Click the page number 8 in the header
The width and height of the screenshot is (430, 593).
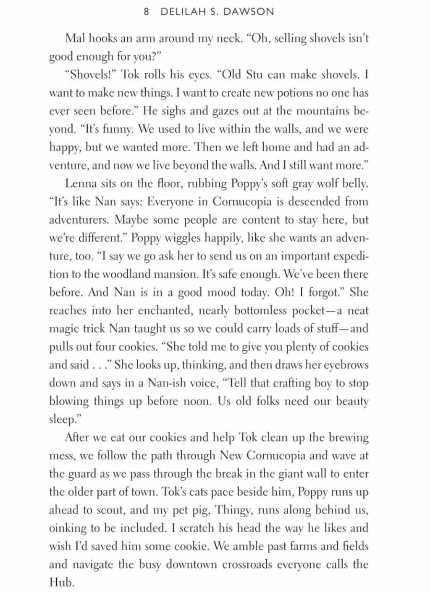coord(146,12)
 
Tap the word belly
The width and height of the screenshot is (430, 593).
coord(354,184)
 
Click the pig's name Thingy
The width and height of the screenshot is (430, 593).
coord(229,510)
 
